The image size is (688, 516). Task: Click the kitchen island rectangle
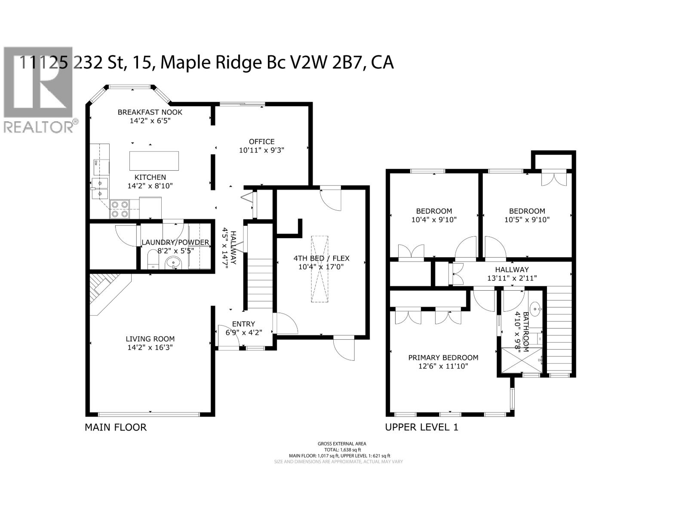[154, 160]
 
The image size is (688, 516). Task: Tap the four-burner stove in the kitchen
[120, 209]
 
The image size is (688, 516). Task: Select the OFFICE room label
[261, 141]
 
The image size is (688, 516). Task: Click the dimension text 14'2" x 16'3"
[150, 347]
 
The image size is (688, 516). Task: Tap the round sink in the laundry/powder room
[174, 261]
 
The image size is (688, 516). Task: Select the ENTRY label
[243, 324]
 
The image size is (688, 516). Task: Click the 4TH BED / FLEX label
[321, 258]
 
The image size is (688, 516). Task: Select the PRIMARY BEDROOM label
[443, 357]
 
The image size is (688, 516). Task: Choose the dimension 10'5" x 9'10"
[527, 219]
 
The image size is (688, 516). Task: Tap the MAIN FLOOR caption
[116, 427]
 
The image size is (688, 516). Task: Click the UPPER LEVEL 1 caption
[421, 427]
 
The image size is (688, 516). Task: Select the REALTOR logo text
[39, 127]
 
